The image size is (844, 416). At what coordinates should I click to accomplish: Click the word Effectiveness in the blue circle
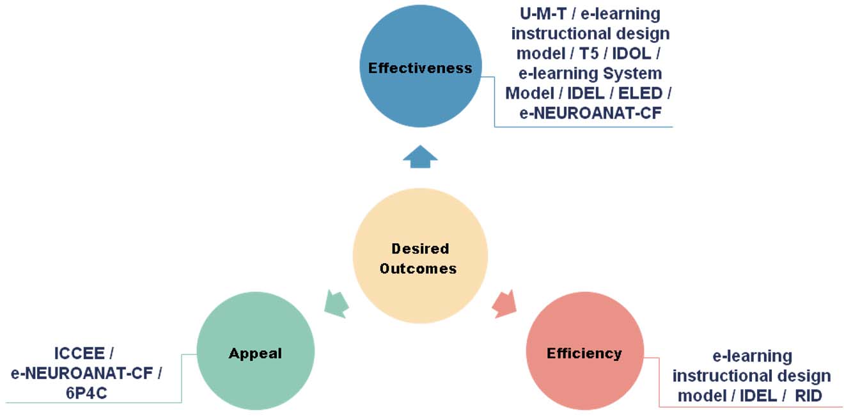coord(420,68)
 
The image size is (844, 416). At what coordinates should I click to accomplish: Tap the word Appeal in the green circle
coord(255,353)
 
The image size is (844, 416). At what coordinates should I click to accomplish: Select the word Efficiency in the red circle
coord(584,353)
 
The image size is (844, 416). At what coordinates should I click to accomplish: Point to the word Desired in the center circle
coord(420,248)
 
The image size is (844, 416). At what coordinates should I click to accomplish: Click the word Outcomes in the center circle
coord(418,268)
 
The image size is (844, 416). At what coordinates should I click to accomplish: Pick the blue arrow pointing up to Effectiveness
coord(420,157)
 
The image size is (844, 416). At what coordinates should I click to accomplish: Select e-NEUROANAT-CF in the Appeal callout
coord(86,372)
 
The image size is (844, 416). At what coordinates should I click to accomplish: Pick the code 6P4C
coord(86,392)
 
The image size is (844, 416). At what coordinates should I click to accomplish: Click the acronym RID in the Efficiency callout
coord(808,396)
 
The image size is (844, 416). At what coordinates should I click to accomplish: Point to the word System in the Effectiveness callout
coord(629,73)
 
